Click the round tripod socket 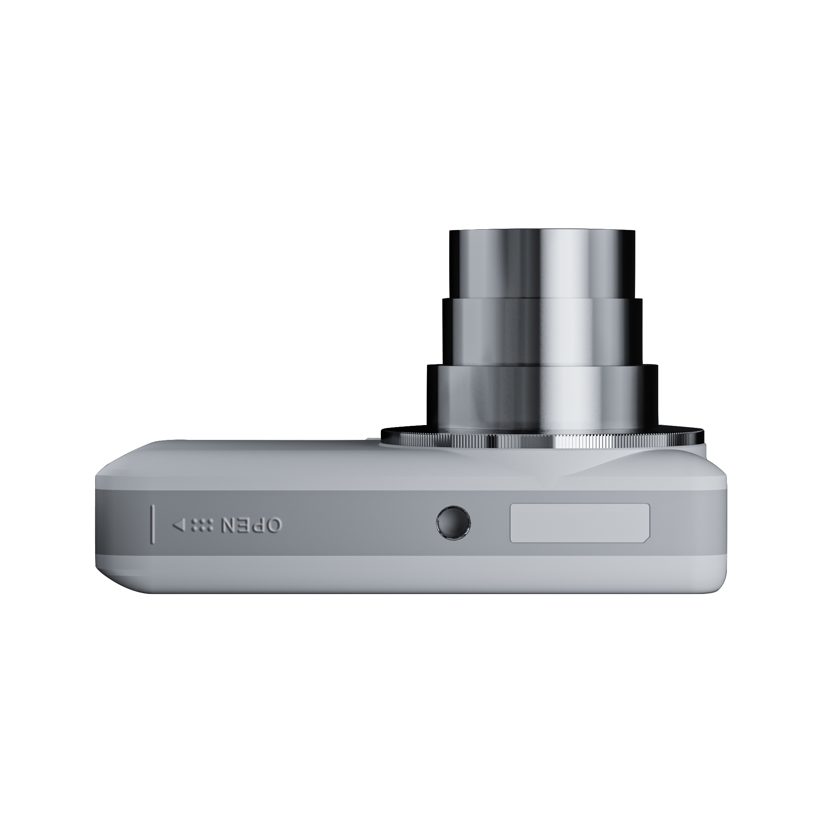click(454, 523)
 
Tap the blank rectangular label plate click(580, 523)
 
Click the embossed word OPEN click(250, 525)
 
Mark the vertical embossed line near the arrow click(152, 524)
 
